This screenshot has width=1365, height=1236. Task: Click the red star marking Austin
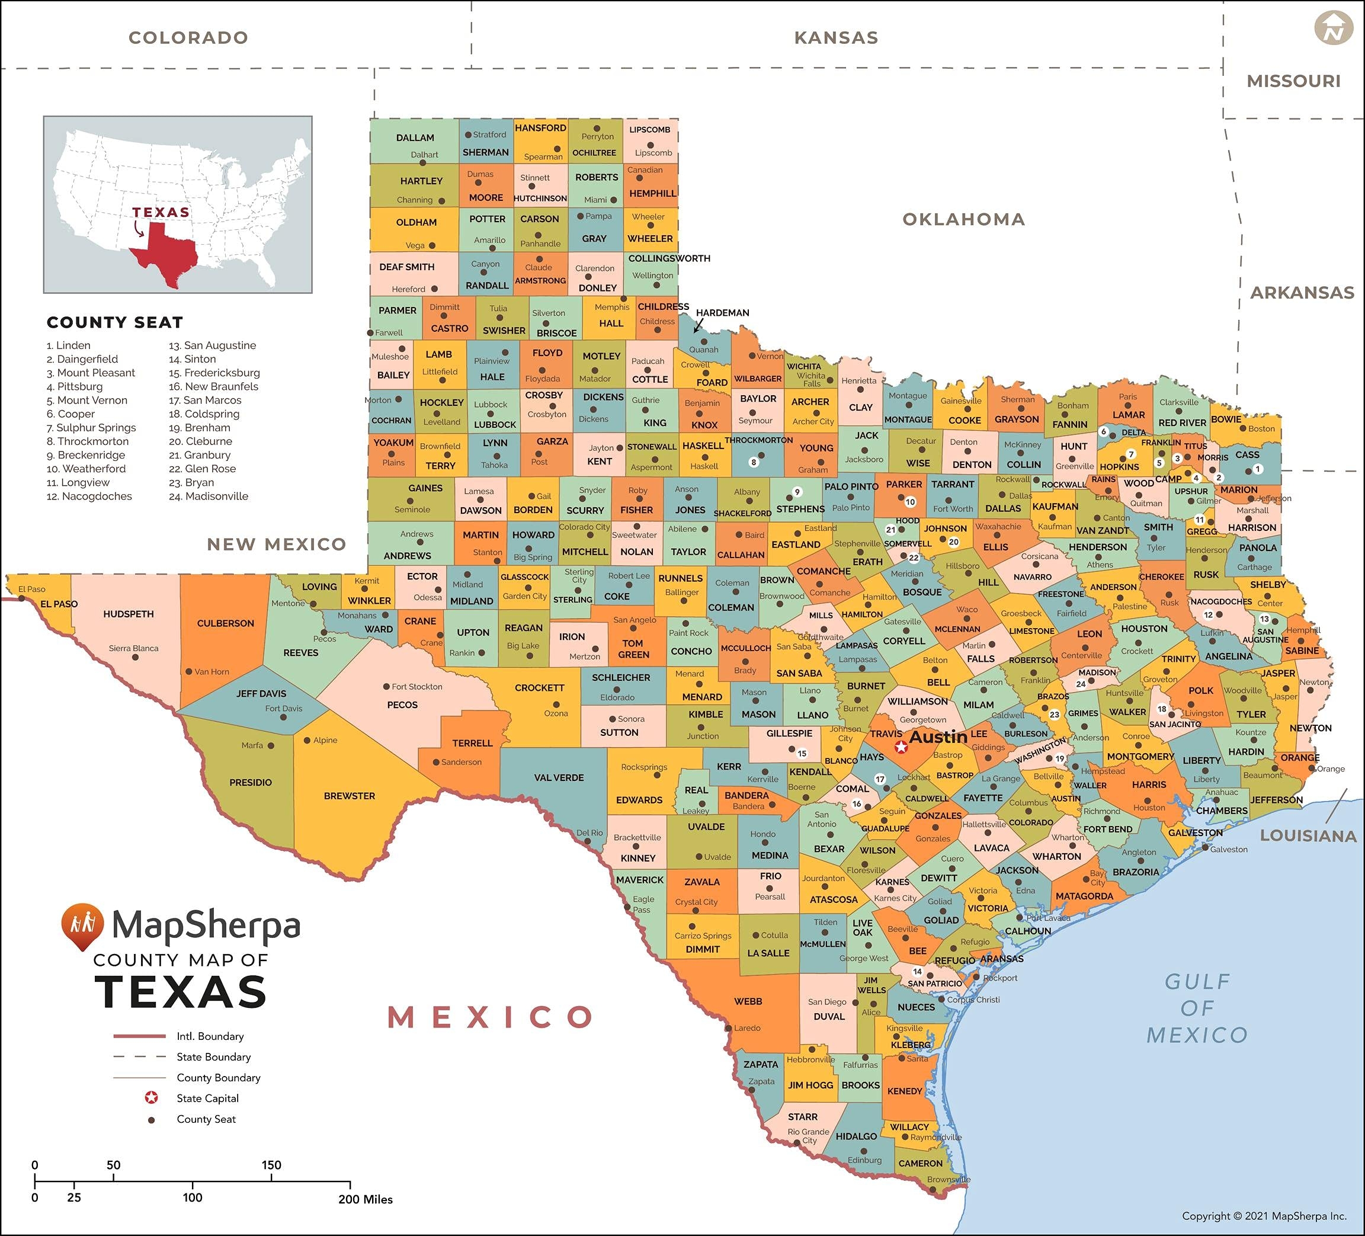pyautogui.click(x=901, y=747)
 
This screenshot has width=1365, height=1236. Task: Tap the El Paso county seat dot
pyautogui.click(x=22, y=598)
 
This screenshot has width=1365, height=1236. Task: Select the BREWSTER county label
pyautogui.click(x=350, y=796)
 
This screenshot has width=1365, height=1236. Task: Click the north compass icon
pyautogui.click(x=1333, y=28)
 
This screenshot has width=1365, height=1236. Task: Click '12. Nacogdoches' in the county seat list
pyautogui.click(x=89, y=497)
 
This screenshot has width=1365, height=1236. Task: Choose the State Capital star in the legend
pyautogui.click(x=152, y=1098)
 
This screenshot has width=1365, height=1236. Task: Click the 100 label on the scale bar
pyautogui.click(x=193, y=1197)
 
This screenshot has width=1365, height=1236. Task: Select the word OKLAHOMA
pyautogui.click(x=963, y=219)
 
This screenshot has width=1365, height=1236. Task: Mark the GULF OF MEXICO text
pyautogui.click(x=1196, y=1008)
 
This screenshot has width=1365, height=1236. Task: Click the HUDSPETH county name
pyautogui.click(x=129, y=614)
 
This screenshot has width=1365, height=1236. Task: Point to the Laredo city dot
pyautogui.click(x=728, y=1028)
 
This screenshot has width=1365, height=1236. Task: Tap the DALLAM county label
pyautogui.click(x=415, y=137)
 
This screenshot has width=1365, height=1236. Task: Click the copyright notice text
pyautogui.click(x=1264, y=1216)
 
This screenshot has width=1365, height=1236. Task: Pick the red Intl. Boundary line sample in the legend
pyautogui.click(x=139, y=1036)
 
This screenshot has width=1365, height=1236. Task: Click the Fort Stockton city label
pyautogui.click(x=416, y=687)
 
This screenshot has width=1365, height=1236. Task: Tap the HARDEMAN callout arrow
pyautogui.click(x=698, y=326)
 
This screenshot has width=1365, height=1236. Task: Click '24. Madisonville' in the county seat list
pyautogui.click(x=209, y=497)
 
